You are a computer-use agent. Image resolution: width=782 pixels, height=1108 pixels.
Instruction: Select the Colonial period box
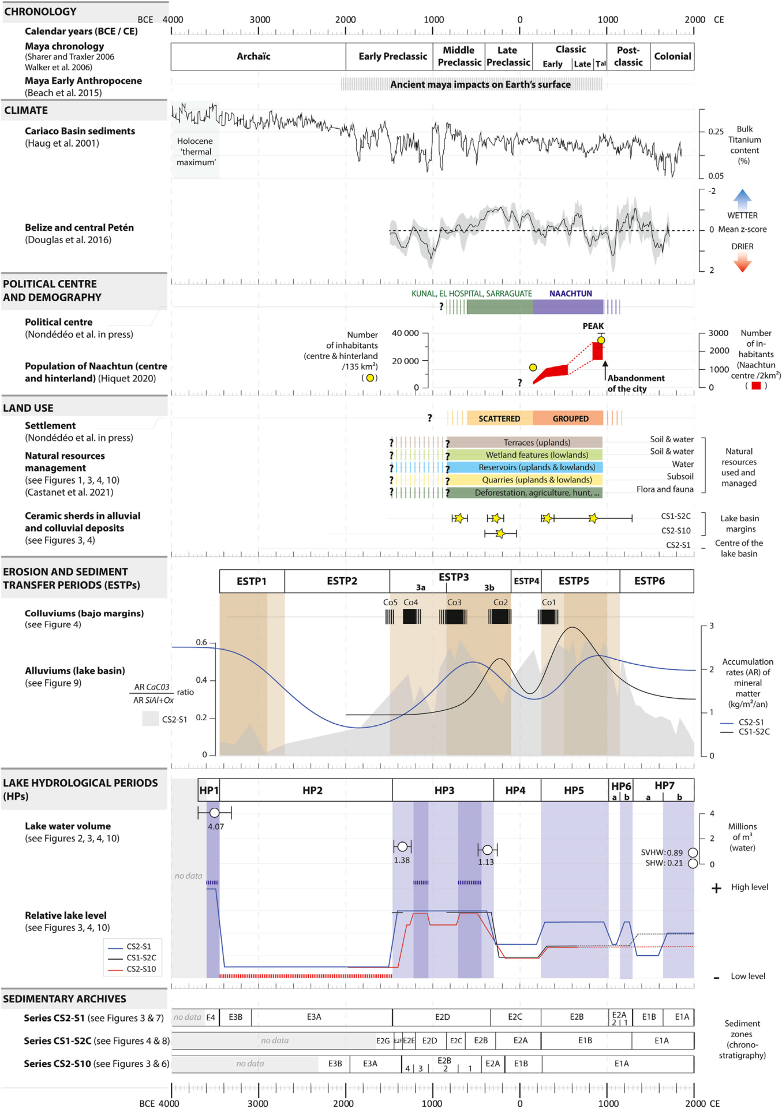point(672,57)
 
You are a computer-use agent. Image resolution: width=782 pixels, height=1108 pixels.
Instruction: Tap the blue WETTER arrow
point(742,199)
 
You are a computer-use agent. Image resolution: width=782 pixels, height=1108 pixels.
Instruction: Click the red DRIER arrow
point(742,263)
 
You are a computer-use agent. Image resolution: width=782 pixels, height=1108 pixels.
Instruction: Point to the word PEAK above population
point(593,326)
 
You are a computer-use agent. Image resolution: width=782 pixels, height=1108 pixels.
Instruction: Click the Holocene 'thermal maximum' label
point(196,152)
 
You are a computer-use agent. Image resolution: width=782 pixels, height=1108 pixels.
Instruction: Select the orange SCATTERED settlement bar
point(499,418)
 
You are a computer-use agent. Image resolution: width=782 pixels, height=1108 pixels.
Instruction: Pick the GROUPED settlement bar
point(570,418)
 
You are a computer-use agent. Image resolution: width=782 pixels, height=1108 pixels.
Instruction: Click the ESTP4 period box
point(526,581)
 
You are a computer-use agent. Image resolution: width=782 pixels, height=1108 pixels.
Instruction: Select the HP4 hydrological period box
point(515,791)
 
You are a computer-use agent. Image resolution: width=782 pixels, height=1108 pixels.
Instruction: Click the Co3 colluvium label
point(454,602)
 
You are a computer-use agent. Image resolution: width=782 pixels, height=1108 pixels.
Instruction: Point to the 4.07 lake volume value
point(216,826)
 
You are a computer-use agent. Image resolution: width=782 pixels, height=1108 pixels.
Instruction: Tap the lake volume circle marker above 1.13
point(487,849)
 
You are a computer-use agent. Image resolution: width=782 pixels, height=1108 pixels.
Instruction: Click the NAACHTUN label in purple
point(570,294)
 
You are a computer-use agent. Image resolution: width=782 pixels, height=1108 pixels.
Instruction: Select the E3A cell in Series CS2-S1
point(314,1017)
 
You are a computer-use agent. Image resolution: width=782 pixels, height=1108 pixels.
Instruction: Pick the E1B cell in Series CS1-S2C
point(585,1040)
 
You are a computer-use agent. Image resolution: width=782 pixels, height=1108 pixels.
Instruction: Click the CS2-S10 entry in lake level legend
point(141,969)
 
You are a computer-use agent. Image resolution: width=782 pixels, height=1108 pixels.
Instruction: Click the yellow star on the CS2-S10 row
point(500,533)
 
